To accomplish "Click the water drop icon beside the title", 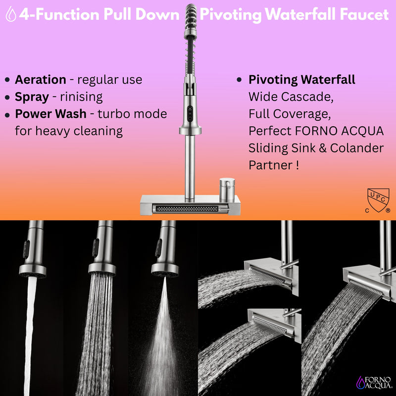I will click(x=10, y=15).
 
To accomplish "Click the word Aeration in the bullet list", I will click(x=40, y=80).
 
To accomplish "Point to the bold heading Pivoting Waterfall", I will click(x=301, y=80).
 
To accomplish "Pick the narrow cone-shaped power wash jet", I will click(x=163, y=337).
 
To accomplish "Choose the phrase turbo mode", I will click(x=132, y=114).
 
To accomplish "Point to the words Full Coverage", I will click(x=289, y=113).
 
